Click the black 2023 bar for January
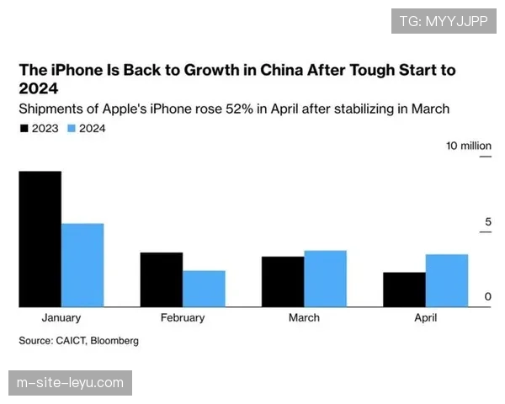click(40, 239)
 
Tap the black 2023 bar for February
click(161, 279)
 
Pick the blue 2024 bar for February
click(204, 289)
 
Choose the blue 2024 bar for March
click(325, 279)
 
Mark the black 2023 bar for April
click(404, 290)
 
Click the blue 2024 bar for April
click(446, 280)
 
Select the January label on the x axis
click(61, 318)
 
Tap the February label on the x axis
click(183, 318)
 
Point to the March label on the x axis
click(304, 318)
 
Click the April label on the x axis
click(425, 318)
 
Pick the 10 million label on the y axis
click(469, 146)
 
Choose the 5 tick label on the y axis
click(487, 222)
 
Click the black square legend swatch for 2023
click(24, 128)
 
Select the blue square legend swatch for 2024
click(72, 128)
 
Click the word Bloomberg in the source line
click(114, 341)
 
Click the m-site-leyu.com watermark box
click(70, 383)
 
